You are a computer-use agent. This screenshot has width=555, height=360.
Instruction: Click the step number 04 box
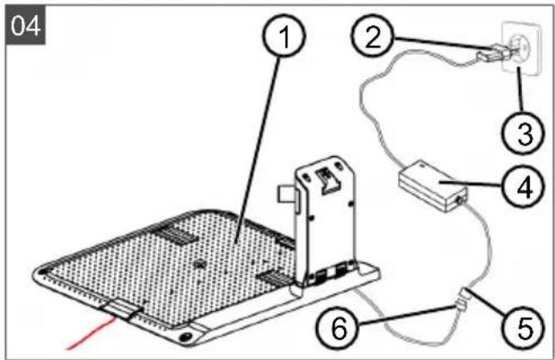25,25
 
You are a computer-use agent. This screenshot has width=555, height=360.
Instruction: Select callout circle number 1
284,35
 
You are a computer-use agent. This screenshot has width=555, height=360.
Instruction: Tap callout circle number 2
373,35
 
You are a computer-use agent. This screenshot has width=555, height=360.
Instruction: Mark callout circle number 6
338,327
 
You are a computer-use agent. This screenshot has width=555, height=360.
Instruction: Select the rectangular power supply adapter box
433,186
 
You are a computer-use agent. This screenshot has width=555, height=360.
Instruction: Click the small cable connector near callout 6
461,302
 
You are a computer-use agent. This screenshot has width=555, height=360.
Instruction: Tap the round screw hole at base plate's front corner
184,336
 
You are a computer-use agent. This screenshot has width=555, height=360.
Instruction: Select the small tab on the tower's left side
287,195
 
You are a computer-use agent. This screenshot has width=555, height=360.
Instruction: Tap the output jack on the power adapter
460,200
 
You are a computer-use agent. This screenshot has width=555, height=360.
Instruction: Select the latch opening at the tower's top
325,181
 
